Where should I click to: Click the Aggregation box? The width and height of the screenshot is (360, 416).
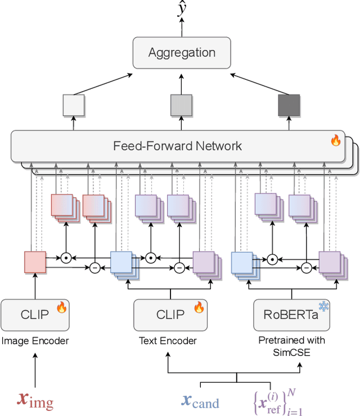(182, 53)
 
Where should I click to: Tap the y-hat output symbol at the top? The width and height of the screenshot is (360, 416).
(182, 10)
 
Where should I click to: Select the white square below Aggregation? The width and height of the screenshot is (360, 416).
(74, 105)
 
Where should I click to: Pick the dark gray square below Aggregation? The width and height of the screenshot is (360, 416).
(290, 105)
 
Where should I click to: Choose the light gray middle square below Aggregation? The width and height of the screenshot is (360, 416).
(182, 105)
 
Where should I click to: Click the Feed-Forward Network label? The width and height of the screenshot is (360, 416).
(177, 146)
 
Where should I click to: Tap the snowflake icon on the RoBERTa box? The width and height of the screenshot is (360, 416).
(324, 306)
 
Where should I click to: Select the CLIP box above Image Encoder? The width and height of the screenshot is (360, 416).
(35, 315)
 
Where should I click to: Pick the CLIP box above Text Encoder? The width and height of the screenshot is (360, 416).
(170, 315)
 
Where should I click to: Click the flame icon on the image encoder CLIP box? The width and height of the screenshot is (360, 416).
(61, 307)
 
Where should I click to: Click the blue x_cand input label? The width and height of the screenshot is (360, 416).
(200, 400)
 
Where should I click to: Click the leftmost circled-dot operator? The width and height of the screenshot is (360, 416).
(66, 258)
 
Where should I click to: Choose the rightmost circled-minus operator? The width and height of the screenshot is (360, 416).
(307, 268)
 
